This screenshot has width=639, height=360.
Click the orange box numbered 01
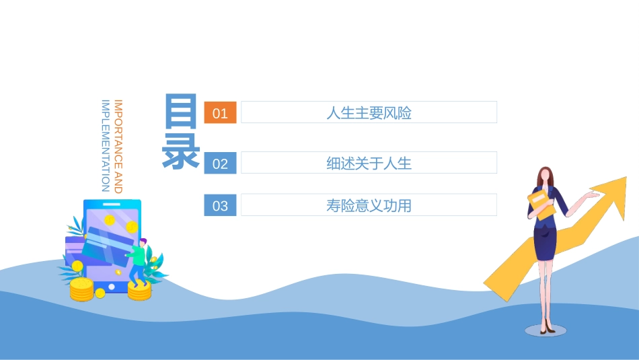coord(220,113)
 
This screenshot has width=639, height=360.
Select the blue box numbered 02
coord(220,164)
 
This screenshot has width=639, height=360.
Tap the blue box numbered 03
coord(220,206)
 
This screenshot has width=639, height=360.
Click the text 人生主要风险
coord(369,113)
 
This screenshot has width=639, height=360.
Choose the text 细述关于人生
coord(369,163)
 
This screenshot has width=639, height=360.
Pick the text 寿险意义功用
coord(369,205)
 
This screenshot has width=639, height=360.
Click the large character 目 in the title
coord(182,111)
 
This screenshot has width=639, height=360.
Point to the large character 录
coord(181,151)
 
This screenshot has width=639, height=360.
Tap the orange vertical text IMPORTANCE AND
coord(118,147)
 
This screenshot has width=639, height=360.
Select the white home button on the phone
coord(112,287)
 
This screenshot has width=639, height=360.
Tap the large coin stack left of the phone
coord(81,289)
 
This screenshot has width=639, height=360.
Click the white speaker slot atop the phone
coord(112,204)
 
